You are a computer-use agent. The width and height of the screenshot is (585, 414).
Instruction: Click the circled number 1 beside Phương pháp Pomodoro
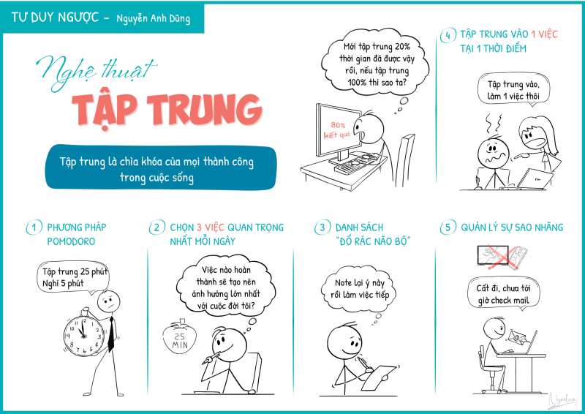[x=34, y=227]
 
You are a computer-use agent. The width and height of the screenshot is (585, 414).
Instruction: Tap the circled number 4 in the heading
[x=448, y=35]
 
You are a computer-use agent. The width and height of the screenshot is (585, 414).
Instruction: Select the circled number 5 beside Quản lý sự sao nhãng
[x=448, y=227]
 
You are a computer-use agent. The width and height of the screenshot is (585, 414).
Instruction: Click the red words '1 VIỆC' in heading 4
[x=544, y=34]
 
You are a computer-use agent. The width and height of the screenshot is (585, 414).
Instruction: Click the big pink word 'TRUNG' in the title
[x=205, y=109]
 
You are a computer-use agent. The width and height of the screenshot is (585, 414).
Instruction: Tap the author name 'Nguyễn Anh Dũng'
[x=154, y=18]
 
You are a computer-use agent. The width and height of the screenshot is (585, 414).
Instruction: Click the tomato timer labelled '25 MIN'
[x=179, y=338]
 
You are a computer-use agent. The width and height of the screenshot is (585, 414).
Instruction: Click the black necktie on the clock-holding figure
[x=111, y=334]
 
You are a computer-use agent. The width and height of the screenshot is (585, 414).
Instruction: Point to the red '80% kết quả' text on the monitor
[x=336, y=130]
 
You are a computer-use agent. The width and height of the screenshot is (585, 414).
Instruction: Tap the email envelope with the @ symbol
[x=517, y=336]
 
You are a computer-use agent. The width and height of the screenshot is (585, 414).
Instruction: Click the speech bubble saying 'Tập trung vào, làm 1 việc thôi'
[x=514, y=89]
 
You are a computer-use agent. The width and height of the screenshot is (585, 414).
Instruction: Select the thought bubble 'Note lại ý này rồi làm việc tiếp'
[x=358, y=289]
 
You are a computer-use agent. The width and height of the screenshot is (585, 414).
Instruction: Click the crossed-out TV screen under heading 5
[x=493, y=255]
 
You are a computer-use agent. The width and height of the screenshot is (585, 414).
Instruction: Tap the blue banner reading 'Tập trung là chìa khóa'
[x=161, y=168]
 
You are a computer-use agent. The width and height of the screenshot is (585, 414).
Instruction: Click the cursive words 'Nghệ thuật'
[x=97, y=72]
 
